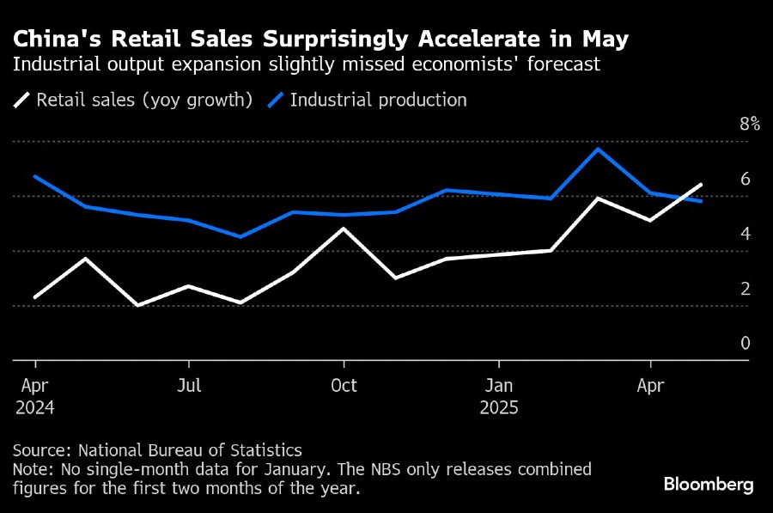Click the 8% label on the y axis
coord(750,124)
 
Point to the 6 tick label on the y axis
coord(746,179)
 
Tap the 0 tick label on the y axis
coord(746,343)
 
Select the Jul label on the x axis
coord(189,385)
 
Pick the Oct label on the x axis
coord(344,385)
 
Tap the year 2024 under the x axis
coord(34,407)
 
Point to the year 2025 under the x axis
coord(499,407)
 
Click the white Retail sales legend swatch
coord(21,101)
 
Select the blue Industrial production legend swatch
coord(274,101)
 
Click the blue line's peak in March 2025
coord(598,150)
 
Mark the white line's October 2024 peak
coord(344,229)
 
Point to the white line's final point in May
coord(701,185)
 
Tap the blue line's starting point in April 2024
coord(34,176)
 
